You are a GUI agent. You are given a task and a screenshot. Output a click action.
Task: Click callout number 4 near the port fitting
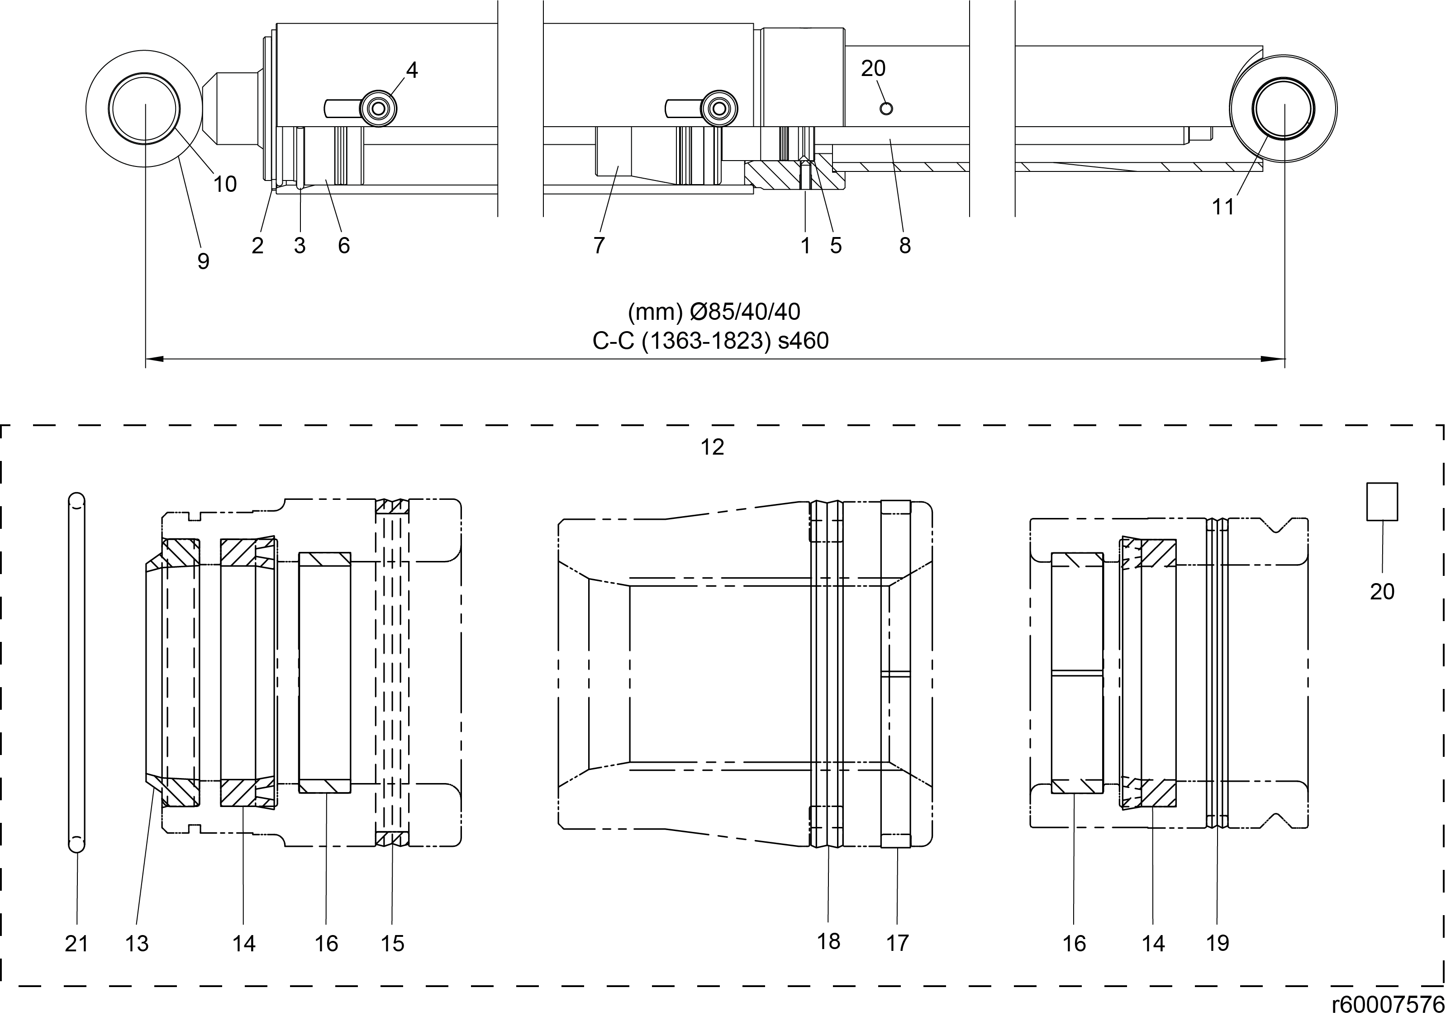click(x=411, y=70)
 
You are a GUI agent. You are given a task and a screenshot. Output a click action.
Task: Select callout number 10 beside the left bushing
click(x=225, y=185)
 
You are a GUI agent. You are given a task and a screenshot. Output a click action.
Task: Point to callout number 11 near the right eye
click(x=1223, y=207)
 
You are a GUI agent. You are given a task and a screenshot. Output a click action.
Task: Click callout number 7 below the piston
click(x=599, y=246)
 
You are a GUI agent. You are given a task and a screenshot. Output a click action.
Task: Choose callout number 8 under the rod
click(x=905, y=246)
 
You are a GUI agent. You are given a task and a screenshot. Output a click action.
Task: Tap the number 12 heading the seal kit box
click(x=712, y=447)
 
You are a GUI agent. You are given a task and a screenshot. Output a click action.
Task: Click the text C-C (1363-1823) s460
click(x=710, y=341)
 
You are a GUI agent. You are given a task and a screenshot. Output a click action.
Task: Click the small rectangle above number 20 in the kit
click(x=1382, y=501)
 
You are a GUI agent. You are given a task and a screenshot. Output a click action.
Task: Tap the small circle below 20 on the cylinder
click(x=886, y=109)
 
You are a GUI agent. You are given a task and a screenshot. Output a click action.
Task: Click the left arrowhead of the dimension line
click(x=154, y=359)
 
